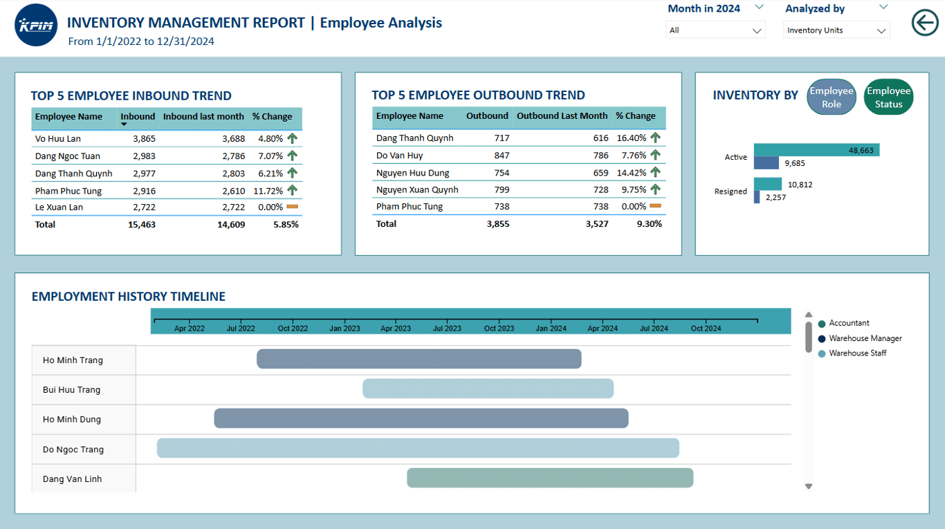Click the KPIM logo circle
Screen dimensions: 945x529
click(36, 25)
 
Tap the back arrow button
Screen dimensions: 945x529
click(925, 23)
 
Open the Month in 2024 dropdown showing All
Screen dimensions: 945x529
click(715, 30)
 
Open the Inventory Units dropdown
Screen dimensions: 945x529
click(836, 30)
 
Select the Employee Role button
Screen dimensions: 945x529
click(831, 97)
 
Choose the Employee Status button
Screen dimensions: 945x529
click(888, 97)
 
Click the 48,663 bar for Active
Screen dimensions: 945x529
click(816, 150)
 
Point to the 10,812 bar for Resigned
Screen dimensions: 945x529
click(768, 184)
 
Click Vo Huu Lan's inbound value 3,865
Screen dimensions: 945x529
click(145, 139)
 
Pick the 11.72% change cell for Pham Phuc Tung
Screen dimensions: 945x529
click(268, 191)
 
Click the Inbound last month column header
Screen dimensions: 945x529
click(203, 116)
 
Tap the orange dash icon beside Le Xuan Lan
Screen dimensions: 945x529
click(293, 207)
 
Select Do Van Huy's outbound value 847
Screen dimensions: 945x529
click(502, 155)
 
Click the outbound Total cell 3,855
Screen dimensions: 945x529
click(498, 224)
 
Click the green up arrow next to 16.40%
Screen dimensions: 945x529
click(655, 138)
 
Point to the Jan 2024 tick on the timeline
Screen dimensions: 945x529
click(551, 322)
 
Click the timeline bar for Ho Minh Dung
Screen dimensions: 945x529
click(421, 418)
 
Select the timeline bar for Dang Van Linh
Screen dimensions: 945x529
click(550, 478)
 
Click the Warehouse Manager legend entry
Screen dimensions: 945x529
click(860, 338)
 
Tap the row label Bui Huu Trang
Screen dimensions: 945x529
click(71, 390)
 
